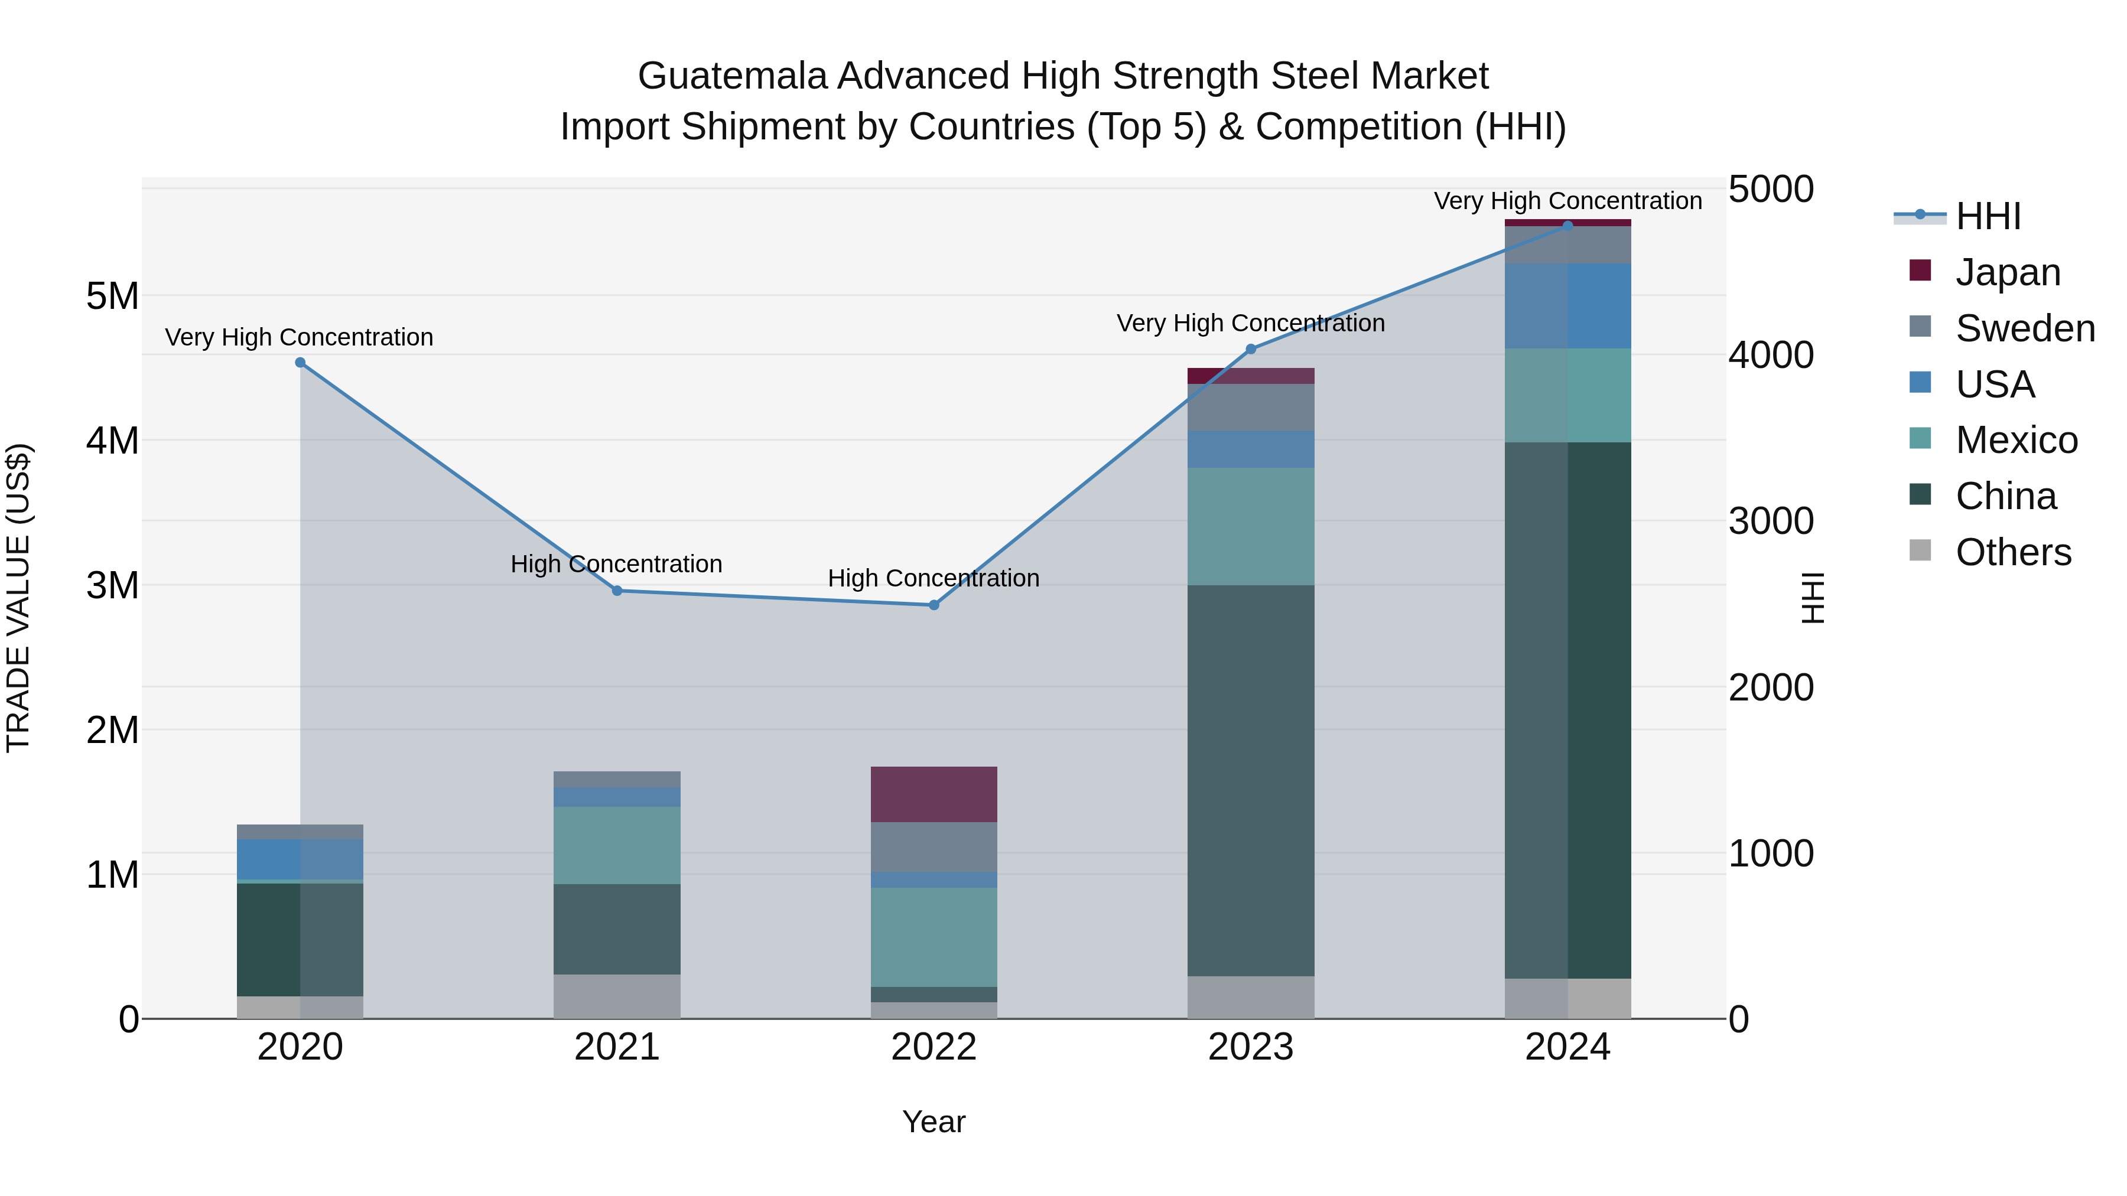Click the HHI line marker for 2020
point(301,363)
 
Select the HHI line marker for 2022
point(934,605)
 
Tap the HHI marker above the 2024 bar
point(1568,226)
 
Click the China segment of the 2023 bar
point(1251,780)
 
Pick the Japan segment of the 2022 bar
point(934,794)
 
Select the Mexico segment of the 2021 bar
point(617,845)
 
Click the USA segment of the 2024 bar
point(1568,306)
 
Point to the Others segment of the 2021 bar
point(617,996)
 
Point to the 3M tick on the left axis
point(112,585)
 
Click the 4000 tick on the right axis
point(1771,355)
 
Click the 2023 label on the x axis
point(1251,1047)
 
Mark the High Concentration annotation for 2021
point(617,565)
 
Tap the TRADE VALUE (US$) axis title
point(18,598)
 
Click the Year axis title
point(934,1122)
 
